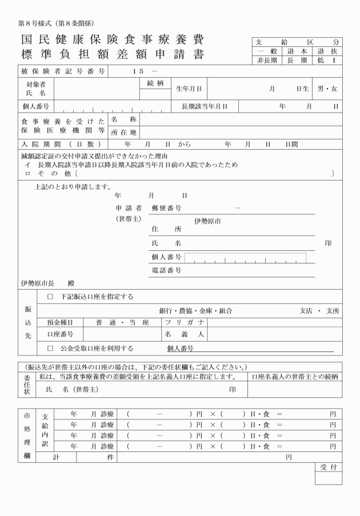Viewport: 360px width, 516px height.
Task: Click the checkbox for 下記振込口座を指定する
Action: (x=50, y=296)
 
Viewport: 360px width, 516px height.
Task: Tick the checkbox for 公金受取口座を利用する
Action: (x=50, y=347)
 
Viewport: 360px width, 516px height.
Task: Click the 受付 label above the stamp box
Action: (x=329, y=467)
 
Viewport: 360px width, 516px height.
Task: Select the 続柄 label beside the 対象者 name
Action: (x=155, y=83)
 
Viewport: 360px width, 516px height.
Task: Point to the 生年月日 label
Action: (x=190, y=89)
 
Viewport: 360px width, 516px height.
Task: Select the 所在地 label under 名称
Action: (x=122, y=133)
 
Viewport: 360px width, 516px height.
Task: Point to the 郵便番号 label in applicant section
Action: (x=166, y=209)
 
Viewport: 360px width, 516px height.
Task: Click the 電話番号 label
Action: (x=166, y=270)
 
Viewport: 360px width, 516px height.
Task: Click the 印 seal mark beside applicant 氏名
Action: (x=328, y=243)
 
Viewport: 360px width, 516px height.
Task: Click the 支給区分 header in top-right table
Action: (x=297, y=42)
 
